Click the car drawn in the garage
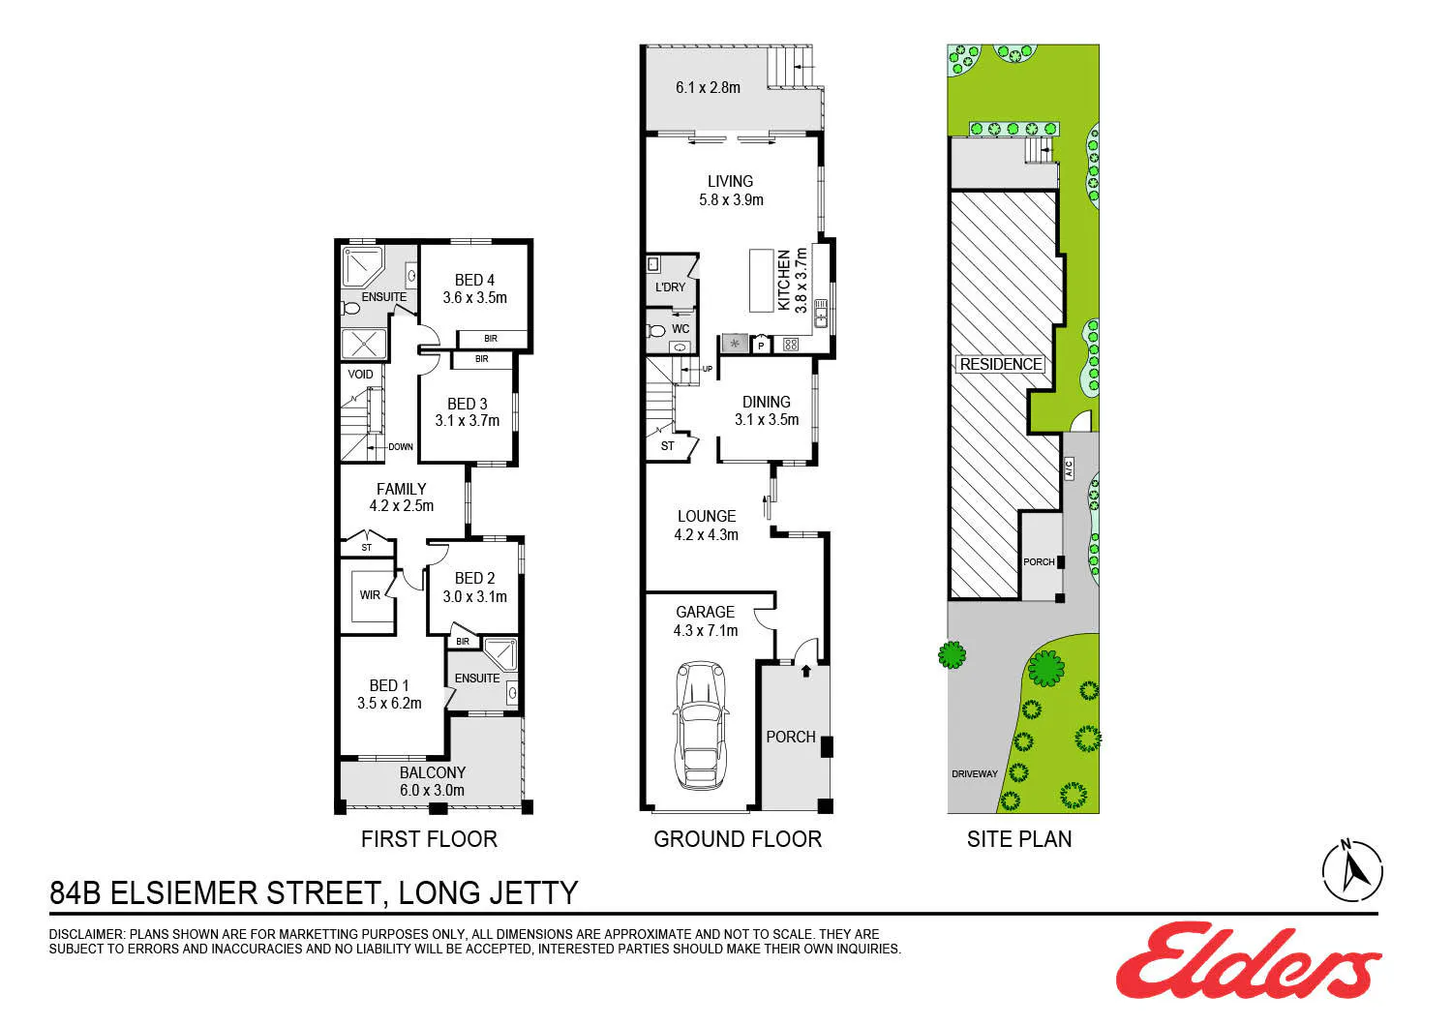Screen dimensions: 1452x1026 701,725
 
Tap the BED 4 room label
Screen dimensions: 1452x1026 474,280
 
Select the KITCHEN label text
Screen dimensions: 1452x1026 784,281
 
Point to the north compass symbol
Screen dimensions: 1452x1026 1352,870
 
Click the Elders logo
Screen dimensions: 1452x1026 1248,961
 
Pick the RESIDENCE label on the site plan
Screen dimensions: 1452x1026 1000,364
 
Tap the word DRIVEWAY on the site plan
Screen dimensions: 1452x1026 974,774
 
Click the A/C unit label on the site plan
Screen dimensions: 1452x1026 1069,468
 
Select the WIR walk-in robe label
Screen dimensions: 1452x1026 370,595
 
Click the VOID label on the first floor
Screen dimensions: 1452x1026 360,374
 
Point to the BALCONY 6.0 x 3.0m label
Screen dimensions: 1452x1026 433,782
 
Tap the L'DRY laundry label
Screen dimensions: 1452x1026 670,287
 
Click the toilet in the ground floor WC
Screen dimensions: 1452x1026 656,331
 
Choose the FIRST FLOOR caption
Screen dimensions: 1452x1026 429,839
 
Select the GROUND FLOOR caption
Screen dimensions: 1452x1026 738,839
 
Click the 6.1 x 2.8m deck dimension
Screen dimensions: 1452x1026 708,87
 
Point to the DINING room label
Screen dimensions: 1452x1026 767,402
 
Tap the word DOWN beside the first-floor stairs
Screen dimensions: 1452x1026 401,446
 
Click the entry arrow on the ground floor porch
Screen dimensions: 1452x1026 805,671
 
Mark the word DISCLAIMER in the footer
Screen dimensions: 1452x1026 85,935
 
